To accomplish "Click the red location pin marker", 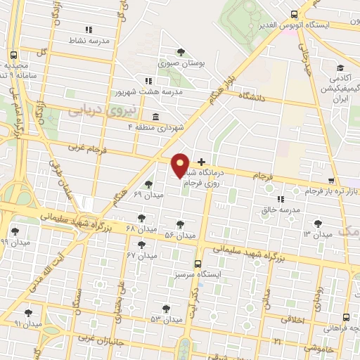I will [x=180, y=165].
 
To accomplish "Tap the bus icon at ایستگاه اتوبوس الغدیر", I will [x=294, y=14].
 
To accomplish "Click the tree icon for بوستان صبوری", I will [x=181, y=52].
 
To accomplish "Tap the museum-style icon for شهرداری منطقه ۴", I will [x=155, y=117].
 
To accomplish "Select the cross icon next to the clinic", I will [x=202, y=162].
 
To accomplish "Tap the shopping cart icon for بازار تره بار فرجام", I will [x=331, y=181].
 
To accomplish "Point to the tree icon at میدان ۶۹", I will [x=148, y=184].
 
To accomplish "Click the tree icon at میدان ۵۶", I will [x=181, y=224].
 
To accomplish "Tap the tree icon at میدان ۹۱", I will [x=28, y=313].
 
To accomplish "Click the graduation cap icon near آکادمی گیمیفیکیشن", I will [x=340, y=68].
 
